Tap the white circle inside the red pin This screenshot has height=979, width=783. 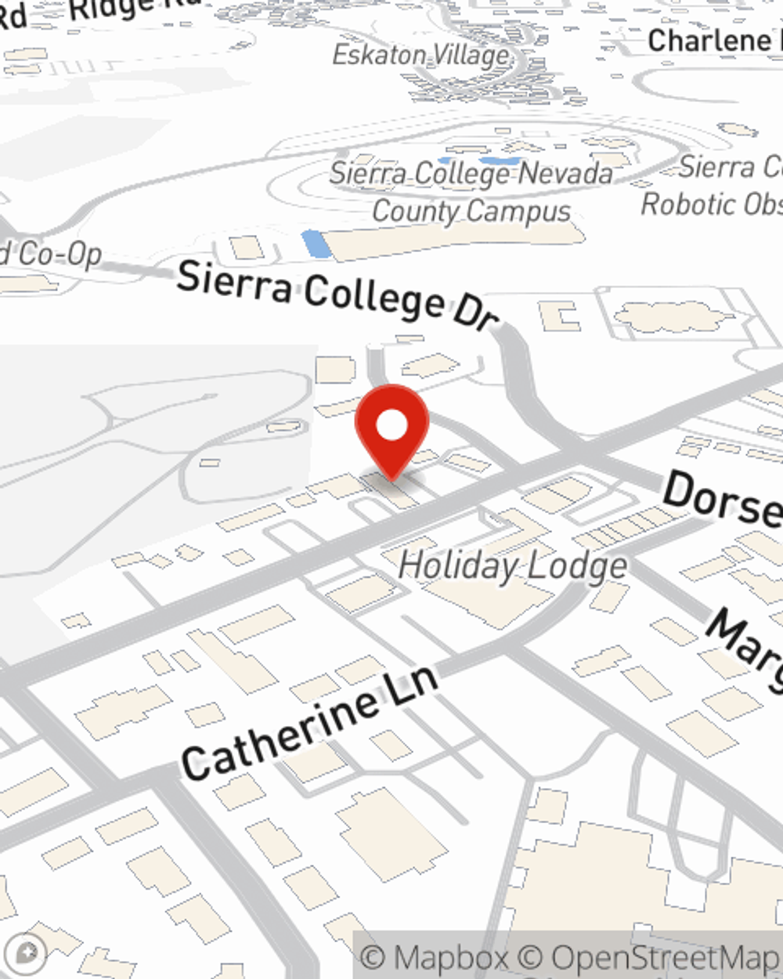[x=391, y=425]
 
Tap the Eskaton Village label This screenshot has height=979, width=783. [x=421, y=56]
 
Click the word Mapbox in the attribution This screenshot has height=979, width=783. [x=450, y=957]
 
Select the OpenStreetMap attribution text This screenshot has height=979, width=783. [x=666, y=957]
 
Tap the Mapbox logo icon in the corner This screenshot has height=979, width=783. [x=26, y=953]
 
